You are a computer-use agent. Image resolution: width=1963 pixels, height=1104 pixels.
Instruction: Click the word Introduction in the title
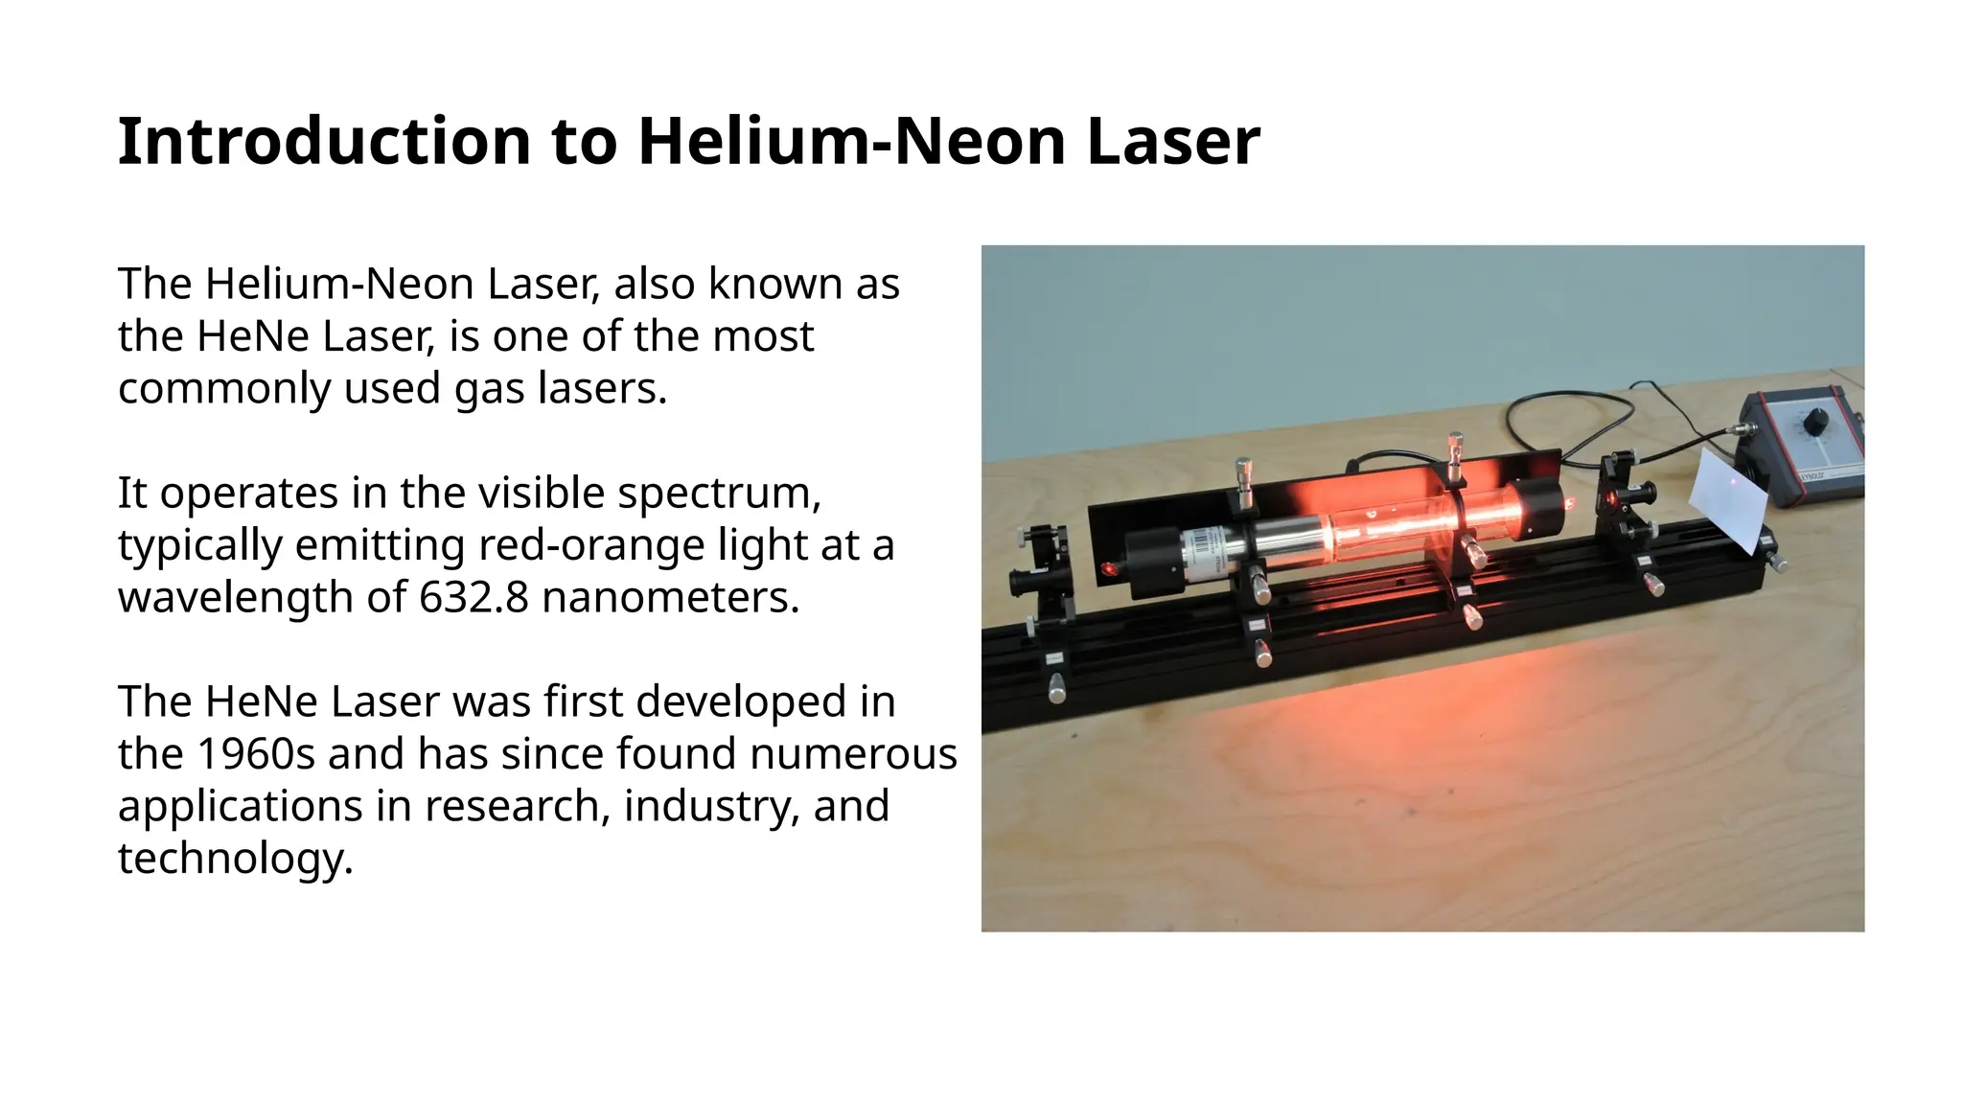(324, 142)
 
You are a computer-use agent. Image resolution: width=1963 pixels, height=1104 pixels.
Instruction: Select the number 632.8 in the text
(473, 597)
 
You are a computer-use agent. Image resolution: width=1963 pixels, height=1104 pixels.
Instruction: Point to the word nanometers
(670, 597)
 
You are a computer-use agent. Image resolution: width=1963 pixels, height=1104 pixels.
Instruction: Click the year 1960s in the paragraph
(255, 753)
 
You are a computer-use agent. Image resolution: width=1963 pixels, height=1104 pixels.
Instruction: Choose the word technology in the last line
(235, 858)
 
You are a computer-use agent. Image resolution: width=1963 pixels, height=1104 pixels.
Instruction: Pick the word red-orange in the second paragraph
(579, 545)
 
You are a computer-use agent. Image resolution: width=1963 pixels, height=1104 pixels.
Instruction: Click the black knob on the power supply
(1814, 423)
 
